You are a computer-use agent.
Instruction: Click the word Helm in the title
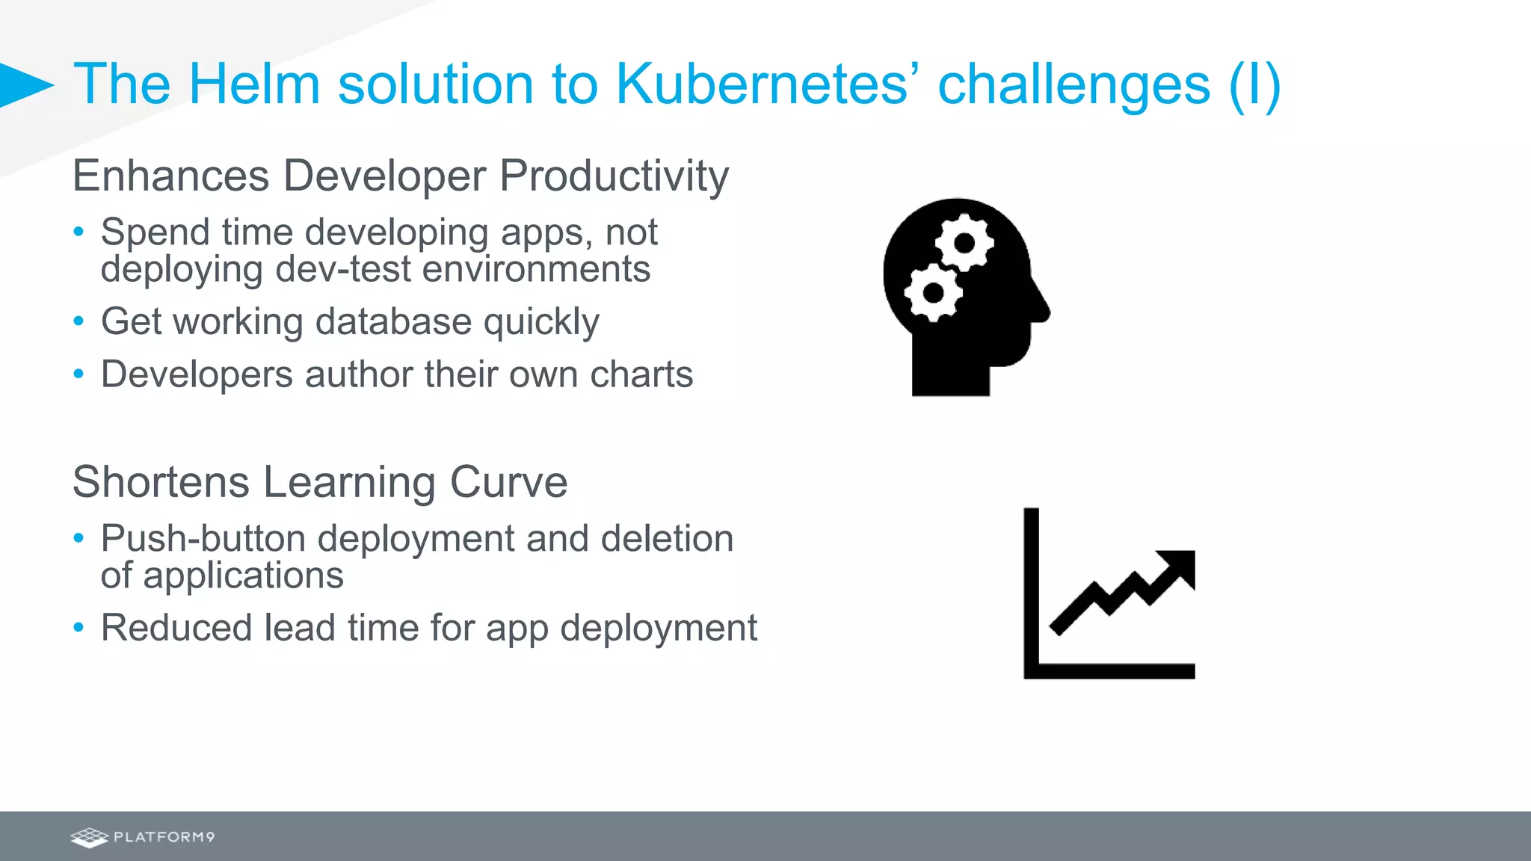254,84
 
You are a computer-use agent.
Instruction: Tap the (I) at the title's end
1254,84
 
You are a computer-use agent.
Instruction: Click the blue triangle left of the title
24,84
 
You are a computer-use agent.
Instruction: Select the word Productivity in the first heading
614,176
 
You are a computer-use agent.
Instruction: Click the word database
393,321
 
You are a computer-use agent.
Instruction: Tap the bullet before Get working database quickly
78,321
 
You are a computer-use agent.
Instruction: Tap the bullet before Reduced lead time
78,628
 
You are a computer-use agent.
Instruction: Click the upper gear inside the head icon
964,243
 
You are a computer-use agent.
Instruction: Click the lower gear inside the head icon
933,292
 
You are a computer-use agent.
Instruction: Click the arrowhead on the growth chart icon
1180,567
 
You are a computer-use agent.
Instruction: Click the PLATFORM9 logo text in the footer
164,837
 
